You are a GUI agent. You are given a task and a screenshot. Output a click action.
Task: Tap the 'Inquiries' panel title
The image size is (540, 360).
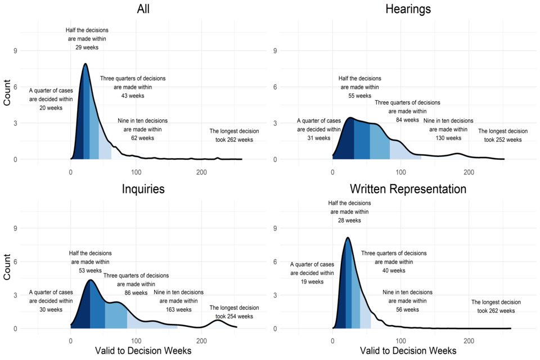tap(143, 189)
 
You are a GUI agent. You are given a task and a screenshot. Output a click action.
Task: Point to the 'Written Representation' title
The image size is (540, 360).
tap(408, 189)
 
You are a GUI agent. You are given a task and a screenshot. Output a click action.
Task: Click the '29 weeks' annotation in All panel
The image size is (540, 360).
tap(87, 48)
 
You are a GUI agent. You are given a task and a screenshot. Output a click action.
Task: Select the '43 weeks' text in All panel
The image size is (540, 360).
tap(133, 96)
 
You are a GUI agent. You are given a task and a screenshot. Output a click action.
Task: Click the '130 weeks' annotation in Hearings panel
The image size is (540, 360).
tap(448, 138)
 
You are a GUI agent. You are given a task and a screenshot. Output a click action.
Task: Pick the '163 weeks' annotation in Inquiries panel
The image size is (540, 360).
tap(179, 309)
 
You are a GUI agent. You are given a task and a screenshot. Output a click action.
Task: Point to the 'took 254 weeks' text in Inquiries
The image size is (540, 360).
tap(234, 316)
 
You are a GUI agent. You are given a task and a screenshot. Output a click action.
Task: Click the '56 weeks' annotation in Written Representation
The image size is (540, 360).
tap(407, 309)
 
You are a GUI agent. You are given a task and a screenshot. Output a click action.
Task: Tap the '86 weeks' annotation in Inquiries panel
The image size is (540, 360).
tap(136, 292)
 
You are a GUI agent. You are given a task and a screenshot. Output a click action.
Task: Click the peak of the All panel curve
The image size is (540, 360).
tap(85, 64)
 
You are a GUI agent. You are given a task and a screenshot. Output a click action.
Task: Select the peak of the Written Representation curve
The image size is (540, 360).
tap(348, 237)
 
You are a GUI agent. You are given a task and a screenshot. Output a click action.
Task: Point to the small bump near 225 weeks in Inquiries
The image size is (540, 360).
tap(218, 320)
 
